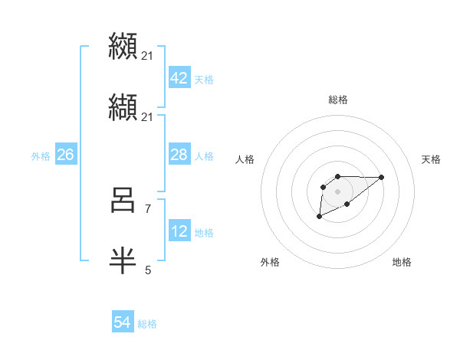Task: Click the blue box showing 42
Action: [x=179, y=78]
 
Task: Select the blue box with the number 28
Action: [x=179, y=155]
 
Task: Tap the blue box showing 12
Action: [x=179, y=231]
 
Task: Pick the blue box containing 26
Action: [x=65, y=155]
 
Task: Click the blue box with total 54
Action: [x=123, y=323]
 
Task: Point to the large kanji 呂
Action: [x=123, y=201]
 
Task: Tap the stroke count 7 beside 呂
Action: [x=147, y=208]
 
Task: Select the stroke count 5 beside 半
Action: [x=147, y=270]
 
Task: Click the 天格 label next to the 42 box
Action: [x=204, y=80]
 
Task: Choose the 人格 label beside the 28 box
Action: [x=204, y=156]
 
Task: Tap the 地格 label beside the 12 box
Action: [x=204, y=233]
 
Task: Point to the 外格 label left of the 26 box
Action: [x=41, y=156]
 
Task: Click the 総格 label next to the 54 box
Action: [x=147, y=325]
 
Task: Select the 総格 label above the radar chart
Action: [x=337, y=100]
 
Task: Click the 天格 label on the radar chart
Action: [x=431, y=159]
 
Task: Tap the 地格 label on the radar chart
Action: [x=402, y=262]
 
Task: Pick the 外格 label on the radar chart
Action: [x=270, y=262]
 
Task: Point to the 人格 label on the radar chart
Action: [x=245, y=159]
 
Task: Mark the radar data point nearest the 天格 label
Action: [x=382, y=177]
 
